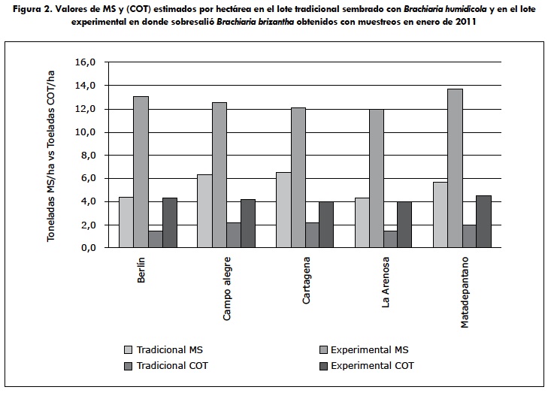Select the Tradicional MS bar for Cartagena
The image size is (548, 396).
[283, 210]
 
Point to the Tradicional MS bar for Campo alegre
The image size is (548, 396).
[204, 211]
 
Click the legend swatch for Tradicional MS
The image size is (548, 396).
[129, 349]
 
